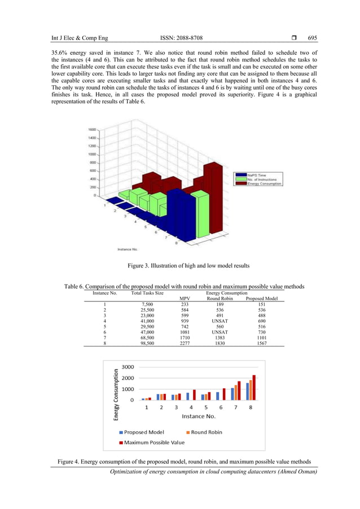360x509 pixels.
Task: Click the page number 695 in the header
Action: (x=312, y=38)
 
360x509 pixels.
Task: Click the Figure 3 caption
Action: (x=180, y=266)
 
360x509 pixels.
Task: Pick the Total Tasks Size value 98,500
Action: (x=147, y=343)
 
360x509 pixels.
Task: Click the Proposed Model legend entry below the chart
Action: (x=144, y=432)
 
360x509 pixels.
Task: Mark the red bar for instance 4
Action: (x=195, y=394)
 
